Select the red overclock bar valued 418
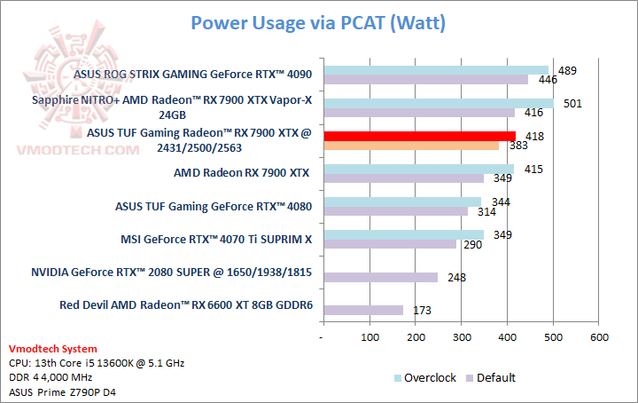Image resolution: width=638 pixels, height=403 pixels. (x=419, y=136)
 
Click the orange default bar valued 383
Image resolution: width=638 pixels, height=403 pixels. (x=411, y=145)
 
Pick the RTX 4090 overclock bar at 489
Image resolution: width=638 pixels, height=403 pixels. (x=436, y=70)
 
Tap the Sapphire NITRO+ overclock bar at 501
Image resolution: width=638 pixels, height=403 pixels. (x=439, y=103)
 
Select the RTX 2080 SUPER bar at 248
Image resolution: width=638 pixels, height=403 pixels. (x=381, y=277)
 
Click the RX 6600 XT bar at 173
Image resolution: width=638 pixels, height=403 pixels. (x=363, y=310)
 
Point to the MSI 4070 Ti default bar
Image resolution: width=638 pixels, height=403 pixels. (x=390, y=243)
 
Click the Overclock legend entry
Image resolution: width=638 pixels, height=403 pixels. (x=424, y=377)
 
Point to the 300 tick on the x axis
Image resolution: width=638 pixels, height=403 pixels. (x=462, y=337)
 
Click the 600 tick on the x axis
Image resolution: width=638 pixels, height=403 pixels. (x=599, y=337)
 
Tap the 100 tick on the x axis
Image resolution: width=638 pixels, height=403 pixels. (x=370, y=337)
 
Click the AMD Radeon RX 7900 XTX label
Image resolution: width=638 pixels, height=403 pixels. (x=242, y=173)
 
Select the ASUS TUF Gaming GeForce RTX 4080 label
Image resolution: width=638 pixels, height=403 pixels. (x=214, y=206)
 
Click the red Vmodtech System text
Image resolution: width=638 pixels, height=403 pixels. (x=53, y=349)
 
